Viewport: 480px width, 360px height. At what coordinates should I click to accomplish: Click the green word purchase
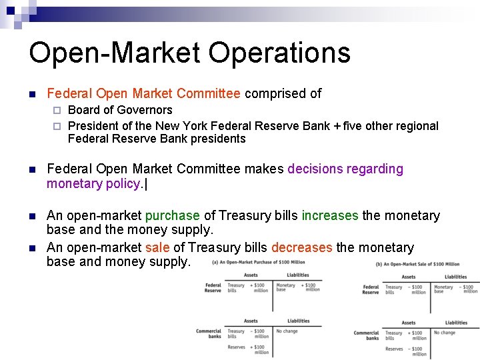coord(173,215)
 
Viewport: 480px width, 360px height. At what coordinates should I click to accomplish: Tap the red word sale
coord(158,247)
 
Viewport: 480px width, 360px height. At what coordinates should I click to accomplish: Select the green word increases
coord(330,215)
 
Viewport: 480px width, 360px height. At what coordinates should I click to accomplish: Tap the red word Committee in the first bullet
coord(209,94)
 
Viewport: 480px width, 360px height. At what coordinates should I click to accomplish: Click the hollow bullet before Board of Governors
coord(57,110)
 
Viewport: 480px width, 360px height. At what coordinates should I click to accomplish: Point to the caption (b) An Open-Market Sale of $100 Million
coord(417,264)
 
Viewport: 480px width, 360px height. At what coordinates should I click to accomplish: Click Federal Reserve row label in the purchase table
coord(213,288)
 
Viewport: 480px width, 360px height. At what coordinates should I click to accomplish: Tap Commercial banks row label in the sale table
coord(366,335)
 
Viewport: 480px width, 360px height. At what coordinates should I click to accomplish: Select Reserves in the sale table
coord(394,349)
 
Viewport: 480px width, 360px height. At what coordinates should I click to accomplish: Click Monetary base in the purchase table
coord(285,287)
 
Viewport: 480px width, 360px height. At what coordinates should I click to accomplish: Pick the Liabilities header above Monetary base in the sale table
coord(456,277)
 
